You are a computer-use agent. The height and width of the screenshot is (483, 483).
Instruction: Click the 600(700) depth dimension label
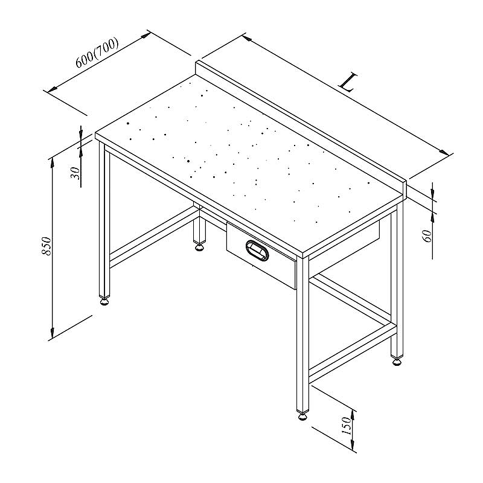[x=97, y=53]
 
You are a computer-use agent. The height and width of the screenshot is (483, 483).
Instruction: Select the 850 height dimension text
[x=46, y=246]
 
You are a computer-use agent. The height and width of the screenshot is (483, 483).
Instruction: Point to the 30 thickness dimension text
[x=75, y=173]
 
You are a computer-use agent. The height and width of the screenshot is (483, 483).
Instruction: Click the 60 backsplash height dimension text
[x=428, y=235]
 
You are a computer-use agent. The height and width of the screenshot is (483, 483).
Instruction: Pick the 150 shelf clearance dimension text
[x=347, y=426]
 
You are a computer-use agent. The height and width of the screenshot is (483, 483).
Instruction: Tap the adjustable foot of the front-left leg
[x=104, y=301]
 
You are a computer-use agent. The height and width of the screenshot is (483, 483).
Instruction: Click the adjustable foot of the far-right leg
[x=397, y=360]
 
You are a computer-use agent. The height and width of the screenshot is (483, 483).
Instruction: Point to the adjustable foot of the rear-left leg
[x=200, y=247]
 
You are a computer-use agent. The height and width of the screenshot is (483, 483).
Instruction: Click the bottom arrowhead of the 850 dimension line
[x=53, y=333]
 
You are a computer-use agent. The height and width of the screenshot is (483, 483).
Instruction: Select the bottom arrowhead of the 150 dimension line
[x=353, y=445]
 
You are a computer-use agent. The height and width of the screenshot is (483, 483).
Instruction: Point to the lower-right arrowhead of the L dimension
[x=444, y=152]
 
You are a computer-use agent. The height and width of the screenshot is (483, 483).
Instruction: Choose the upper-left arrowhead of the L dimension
[x=247, y=38]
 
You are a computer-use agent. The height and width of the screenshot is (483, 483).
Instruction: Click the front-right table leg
[x=303, y=334]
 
